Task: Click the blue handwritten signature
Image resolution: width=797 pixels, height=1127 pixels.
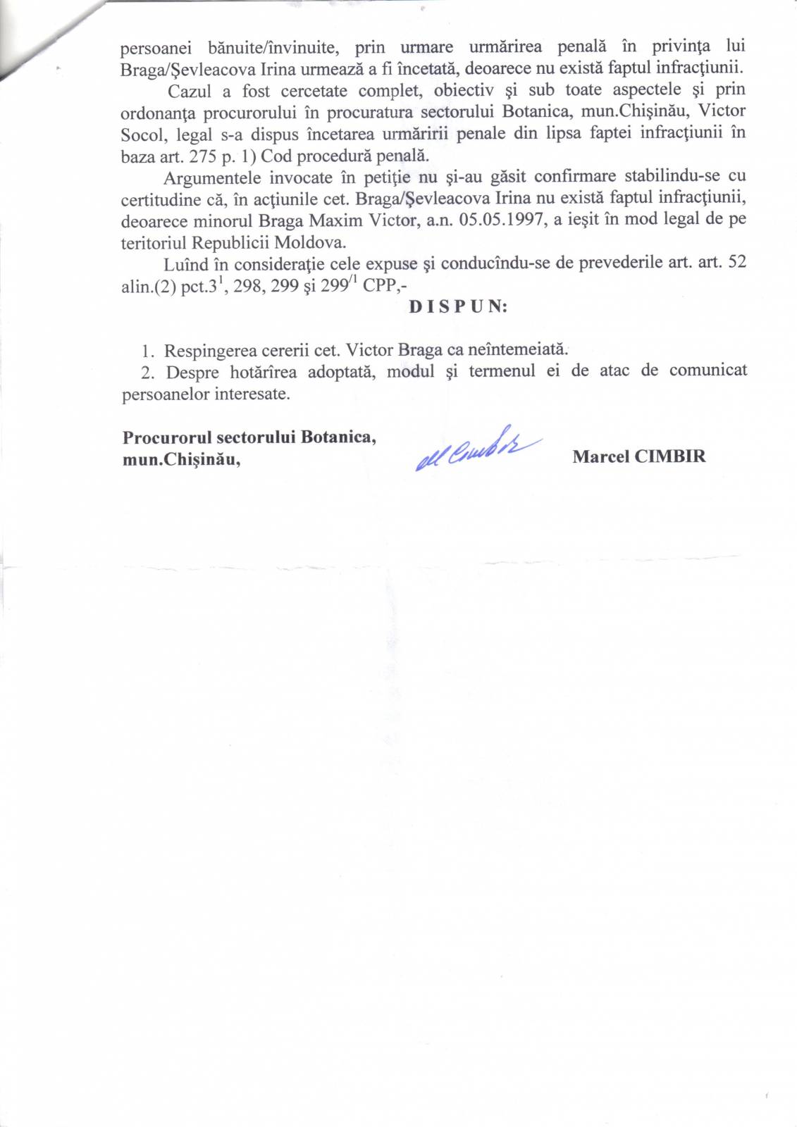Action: click(x=477, y=449)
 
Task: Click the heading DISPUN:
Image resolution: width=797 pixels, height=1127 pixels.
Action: click(x=458, y=307)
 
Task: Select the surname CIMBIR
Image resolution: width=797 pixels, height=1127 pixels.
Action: click(x=669, y=456)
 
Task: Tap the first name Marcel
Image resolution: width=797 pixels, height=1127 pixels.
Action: click(x=600, y=456)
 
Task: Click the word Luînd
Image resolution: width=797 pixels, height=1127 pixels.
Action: click(x=187, y=264)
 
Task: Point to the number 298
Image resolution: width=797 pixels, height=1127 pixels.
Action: click(x=247, y=287)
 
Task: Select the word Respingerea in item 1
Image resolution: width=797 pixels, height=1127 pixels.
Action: click(x=210, y=350)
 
